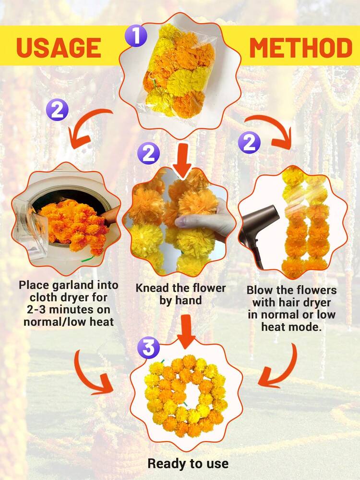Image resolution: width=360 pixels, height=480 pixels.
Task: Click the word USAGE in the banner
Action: click(59, 48)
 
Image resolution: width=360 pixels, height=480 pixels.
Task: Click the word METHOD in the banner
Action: click(301, 48)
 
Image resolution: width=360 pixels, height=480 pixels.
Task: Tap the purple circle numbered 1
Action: click(136, 36)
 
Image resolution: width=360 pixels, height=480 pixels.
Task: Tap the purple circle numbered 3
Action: click(148, 348)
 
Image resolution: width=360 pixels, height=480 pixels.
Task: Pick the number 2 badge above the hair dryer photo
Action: click(249, 142)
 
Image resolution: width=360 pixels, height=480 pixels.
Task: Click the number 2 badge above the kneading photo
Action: click(148, 153)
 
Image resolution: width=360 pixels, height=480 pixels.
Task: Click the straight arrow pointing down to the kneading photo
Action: click(182, 160)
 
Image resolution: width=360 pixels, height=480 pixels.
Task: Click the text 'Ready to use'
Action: click(188, 464)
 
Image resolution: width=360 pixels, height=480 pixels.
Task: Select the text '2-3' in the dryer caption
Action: click(36, 309)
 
